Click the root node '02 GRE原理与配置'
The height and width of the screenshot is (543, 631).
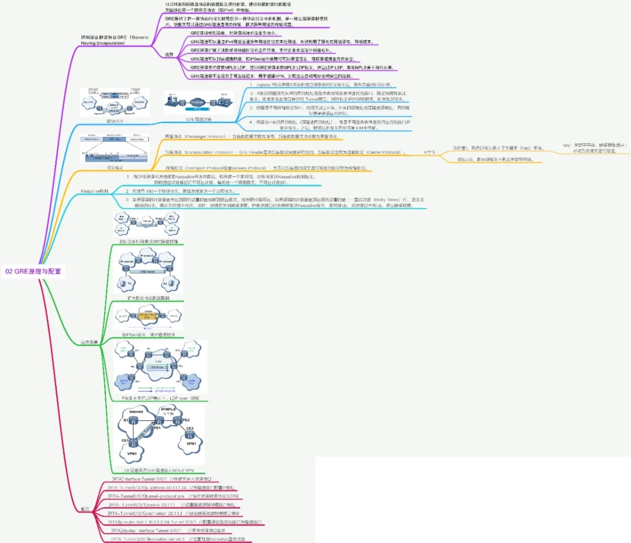[33, 271]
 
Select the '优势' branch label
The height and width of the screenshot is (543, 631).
[169, 54]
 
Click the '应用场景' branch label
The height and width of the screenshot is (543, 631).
[89, 342]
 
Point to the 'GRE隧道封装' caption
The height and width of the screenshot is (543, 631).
[199, 119]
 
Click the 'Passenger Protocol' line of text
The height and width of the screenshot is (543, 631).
[254, 136]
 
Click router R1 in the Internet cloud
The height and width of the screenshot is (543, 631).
[127, 420]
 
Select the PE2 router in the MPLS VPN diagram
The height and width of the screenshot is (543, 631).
[186, 420]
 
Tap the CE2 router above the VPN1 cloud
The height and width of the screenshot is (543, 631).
[190, 431]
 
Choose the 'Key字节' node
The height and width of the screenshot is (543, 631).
[430, 152]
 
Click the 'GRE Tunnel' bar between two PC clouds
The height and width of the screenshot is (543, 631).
[148, 272]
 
